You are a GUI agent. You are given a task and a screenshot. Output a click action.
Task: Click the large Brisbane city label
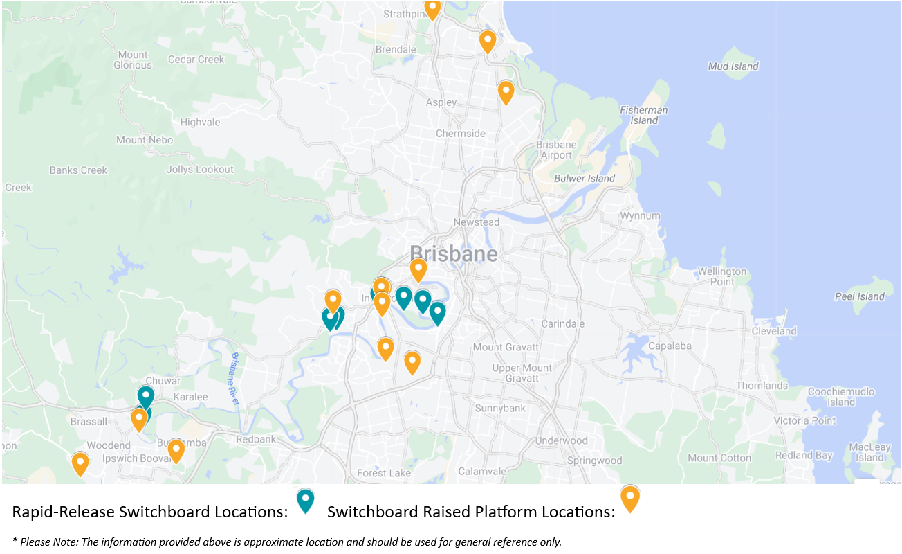click(453, 254)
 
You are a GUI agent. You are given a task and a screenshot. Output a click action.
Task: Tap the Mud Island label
click(733, 66)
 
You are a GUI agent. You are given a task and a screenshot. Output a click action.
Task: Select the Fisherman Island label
click(643, 115)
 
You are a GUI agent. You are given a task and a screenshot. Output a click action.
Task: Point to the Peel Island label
click(859, 296)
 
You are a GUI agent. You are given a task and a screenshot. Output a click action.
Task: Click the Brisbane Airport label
click(556, 150)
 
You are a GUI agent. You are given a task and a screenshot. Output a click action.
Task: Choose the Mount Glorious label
click(133, 60)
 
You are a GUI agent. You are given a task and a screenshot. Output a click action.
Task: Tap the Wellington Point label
click(721, 276)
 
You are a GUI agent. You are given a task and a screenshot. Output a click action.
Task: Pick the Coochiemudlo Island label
click(841, 397)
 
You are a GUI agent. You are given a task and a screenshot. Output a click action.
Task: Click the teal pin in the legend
click(305, 500)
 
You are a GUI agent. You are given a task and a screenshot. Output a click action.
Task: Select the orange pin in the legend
click(629, 498)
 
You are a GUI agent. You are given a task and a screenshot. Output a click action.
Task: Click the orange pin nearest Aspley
click(506, 91)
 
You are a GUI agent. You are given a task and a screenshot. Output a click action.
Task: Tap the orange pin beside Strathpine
click(432, 9)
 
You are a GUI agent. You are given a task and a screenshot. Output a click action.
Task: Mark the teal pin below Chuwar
click(145, 396)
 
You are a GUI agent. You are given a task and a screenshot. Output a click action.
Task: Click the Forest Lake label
click(379, 473)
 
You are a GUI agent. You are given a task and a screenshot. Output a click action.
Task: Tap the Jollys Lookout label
click(200, 170)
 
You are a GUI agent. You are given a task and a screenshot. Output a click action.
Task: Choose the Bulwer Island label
click(585, 179)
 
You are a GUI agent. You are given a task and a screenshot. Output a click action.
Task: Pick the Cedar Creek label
click(196, 60)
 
